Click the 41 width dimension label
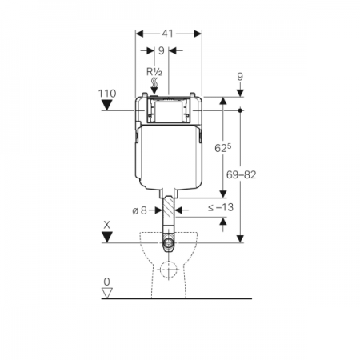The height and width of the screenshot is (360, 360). click(x=168, y=34)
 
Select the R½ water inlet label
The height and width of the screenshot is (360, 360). click(x=154, y=72)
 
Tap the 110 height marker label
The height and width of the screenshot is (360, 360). click(x=107, y=94)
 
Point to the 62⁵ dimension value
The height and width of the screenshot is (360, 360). click(x=223, y=148)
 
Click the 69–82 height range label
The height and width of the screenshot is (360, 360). click(x=241, y=175)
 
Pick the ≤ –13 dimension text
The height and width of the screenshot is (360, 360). click(x=221, y=207)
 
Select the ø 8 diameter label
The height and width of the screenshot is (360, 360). click(x=140, y=210)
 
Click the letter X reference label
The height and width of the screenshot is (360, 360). click(x=106, y=225)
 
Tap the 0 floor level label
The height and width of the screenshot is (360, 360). click(x=107, y=282)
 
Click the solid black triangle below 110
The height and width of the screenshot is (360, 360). click(x=107, y=105)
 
